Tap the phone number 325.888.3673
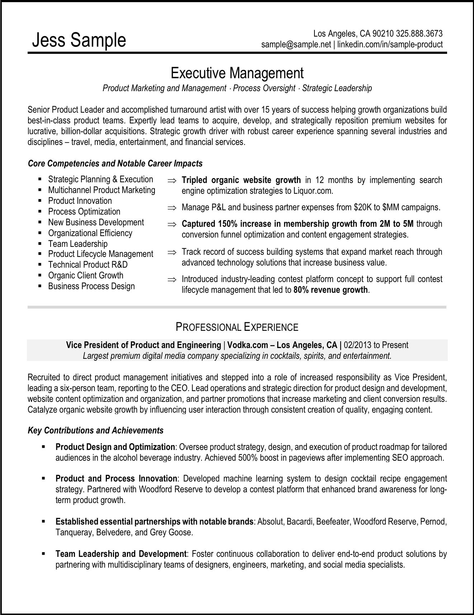pyautogui.click(x=420, y=34)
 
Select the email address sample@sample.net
pyautogui.click(x=296, y=44)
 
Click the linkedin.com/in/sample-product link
pyautogui.click(x=390, y=44)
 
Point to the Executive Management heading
pyautogui.click(x=237, y=73)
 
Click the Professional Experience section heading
pyautogui.click(x=237, y=327)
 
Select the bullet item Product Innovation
pyautogui.click(x=80, y=201)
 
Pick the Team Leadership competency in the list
pyautogui.click(x=78, y=244)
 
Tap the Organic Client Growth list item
pyautogui.click(x=86, y=276)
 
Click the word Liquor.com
pyautogui.click(x=313, y=191)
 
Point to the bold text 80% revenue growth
pyautogui.click(x=331, y=290)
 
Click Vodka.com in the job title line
pyautogui.click(x=248, y=345)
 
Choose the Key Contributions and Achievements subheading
pyautogui.click(x=95, y=431)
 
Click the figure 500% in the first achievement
pyautogui.click(x=247, y=458)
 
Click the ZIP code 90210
pyautogui.click(x=383, y=34)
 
